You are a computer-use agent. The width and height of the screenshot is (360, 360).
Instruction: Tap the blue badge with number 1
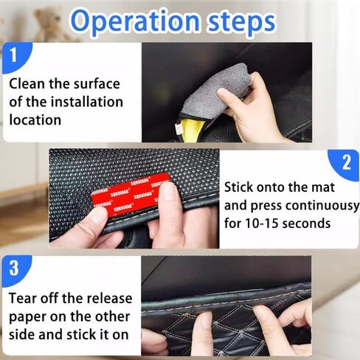click(x=17, y=55)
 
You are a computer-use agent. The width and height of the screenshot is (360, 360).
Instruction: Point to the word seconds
click(x=309, y=223)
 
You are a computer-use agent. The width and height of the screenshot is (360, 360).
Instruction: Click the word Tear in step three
click(x=26, y=299)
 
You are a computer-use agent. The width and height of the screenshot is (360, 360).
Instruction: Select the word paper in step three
click(x=29, y=317)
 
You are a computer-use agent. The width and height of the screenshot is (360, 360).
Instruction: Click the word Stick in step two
click(x=241, y=187)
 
